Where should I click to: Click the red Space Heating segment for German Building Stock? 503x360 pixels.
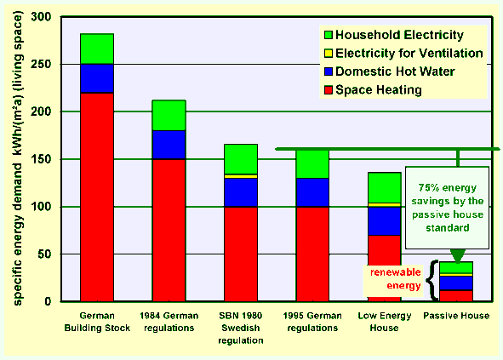tap(97, 197)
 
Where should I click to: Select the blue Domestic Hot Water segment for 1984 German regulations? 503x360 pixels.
tap(169, 145)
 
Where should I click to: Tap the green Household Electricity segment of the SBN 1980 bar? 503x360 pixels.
tap(241, 159)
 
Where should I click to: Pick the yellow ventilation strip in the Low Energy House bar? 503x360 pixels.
tap(385, 205)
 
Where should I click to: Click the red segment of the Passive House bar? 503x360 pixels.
tap(456, 296)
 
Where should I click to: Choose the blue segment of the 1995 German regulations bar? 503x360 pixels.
tap(312, 192)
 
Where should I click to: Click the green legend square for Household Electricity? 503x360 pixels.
tap(329, 35)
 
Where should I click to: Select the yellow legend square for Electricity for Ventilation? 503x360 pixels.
tap(329, 53)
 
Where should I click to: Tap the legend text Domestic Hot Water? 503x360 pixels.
tap(395, 71)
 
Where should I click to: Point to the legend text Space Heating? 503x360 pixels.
tap(379, 90)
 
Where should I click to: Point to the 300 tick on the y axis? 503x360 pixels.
tap(41, 17)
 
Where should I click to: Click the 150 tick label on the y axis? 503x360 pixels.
tap(41, 159)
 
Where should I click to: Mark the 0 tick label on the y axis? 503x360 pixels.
tap(48, 301)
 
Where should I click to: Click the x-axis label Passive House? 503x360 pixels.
tap(456, 316)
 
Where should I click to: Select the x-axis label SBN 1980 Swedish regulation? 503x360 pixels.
tap(241, 328)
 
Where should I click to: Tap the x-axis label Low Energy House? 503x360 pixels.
tap(385, 322)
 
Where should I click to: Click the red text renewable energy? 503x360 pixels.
tap(396, 279)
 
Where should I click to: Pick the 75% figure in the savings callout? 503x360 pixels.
tap(426, 188)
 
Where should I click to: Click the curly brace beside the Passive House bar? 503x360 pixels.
tap(432, 281)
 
